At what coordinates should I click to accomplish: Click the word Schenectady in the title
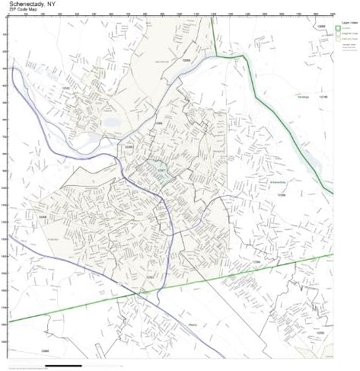point(27,5)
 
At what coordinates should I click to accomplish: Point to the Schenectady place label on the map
point(279,183)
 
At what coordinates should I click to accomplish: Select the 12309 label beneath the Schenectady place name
point(281,195)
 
